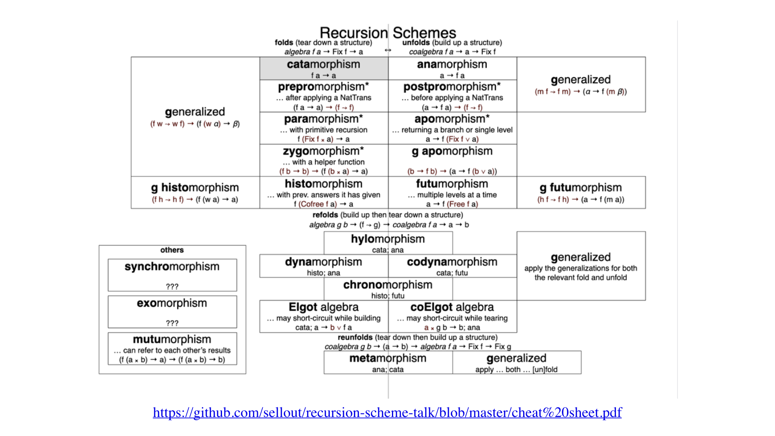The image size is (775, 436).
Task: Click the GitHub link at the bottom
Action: (387, 413)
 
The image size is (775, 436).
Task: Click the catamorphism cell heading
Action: (323, 65)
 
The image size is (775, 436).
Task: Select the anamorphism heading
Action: (452, 65)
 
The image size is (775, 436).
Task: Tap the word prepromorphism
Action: (323, 87)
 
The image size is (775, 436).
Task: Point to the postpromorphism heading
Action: (452, 87)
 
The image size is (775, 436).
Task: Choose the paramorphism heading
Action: (323, 119)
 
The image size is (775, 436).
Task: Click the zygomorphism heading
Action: (323, 151)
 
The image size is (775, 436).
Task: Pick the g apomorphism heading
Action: (452, 151)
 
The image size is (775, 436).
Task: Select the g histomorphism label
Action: (195, 188)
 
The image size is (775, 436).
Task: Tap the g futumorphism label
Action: (580, 188)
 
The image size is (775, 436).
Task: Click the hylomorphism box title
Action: (387, 239)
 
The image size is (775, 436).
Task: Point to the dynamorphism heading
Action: (323, 262)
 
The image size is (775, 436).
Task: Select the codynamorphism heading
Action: (452, 262)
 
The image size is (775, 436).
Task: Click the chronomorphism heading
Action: (387, 285)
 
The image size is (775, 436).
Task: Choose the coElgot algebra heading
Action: (452, 307)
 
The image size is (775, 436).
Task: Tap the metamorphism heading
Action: (387, 358)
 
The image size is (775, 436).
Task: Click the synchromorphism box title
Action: (172, 267)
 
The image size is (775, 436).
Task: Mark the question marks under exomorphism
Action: (172, 323)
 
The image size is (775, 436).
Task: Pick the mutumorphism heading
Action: (172, 340)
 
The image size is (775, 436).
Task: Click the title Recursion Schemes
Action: (387, 33)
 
